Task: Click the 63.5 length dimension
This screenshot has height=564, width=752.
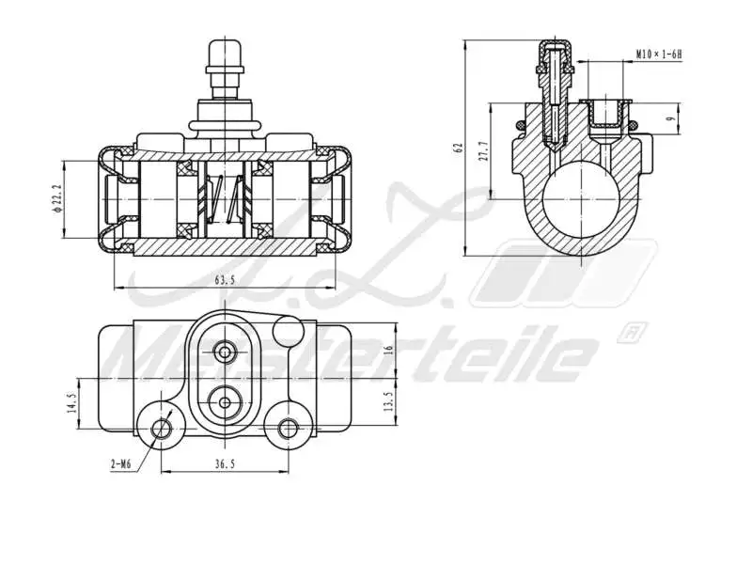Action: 224,279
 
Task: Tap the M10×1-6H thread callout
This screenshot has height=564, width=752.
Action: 658,55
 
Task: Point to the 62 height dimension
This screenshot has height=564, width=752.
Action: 458,148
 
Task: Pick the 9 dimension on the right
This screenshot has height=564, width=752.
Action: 667,118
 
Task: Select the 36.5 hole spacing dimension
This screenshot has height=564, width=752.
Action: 224,463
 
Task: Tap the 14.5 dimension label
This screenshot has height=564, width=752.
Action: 71,405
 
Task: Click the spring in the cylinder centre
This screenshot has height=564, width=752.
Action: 224,198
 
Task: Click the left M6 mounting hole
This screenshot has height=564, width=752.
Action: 162,429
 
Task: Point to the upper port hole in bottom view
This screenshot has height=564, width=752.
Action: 224,352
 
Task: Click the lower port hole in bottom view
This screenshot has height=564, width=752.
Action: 224,403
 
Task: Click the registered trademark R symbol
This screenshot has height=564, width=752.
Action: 632,332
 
